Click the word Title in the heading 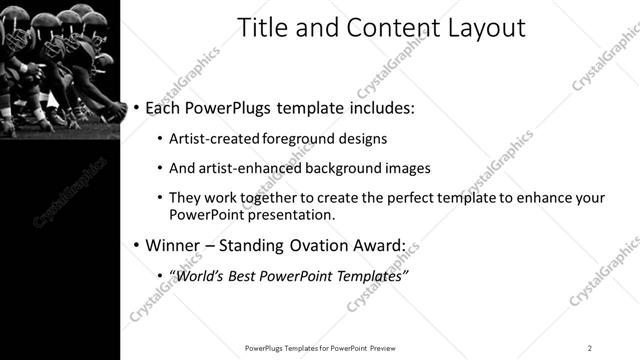click(x=260, y=28)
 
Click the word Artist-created click(x=213, y=138)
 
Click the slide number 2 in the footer click(x=589, y=347)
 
